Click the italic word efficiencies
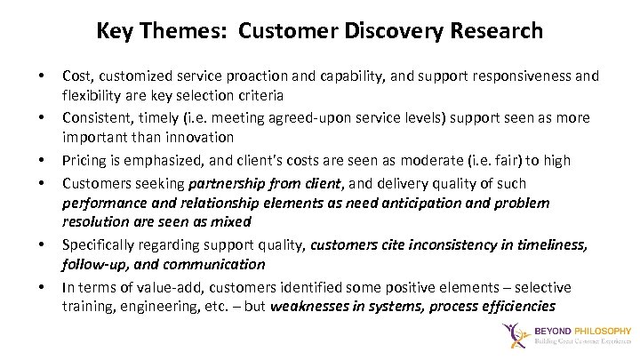click(520, 307)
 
